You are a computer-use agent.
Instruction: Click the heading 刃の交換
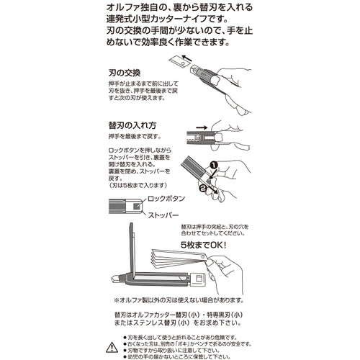tap(122, 73)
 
